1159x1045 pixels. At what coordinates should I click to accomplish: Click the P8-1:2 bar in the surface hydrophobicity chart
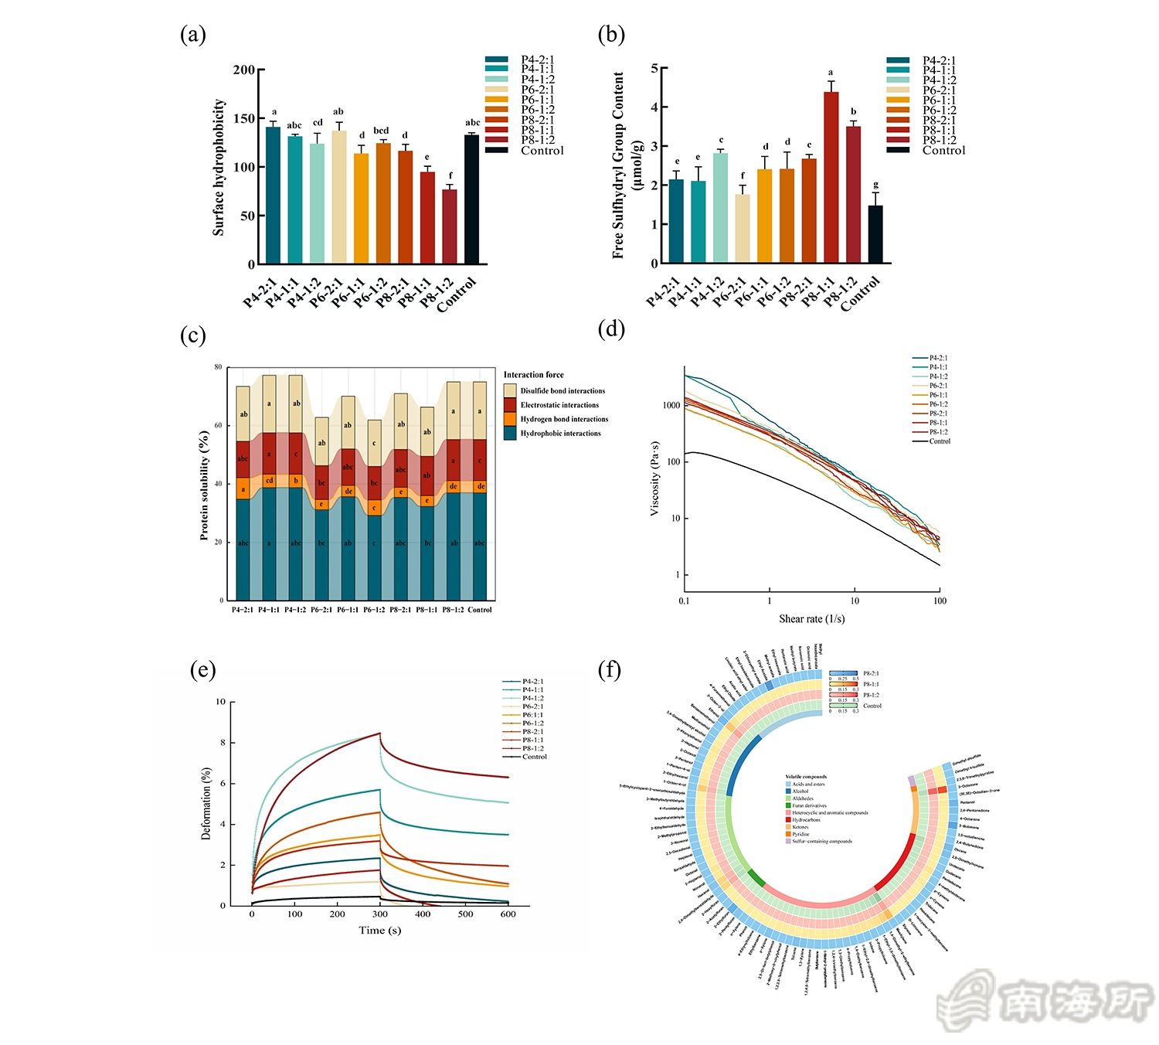(x=450, y=226)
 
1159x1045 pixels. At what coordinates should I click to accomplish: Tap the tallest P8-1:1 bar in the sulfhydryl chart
(x=831, y=178)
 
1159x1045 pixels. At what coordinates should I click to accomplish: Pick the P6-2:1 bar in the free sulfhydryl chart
(x=743, y=228)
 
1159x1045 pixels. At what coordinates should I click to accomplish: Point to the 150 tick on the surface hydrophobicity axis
(x=244, y=118)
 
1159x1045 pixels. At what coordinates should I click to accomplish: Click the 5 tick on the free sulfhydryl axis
(x=654, y=68)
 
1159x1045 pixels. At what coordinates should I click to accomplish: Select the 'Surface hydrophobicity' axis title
(x=219, y=167)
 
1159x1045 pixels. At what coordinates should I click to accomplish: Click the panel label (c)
(x=193, y=335)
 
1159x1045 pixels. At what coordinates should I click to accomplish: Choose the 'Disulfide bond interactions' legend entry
(x=562, y=391)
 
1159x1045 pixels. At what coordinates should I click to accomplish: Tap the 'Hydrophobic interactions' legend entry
(x=560, y=434)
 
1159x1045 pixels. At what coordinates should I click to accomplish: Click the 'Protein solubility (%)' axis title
(x=204, y=485)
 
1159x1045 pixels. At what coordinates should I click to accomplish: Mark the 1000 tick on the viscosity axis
(x=671, y=406)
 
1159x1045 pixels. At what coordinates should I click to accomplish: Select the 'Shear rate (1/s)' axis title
(x=811, y=619)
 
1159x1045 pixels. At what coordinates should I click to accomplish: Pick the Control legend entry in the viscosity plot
(x=940, y=441)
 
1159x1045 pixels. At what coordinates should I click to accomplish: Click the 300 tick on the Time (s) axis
(x=379, y=914)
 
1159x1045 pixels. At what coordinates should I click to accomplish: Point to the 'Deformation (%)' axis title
(x=206, y=804)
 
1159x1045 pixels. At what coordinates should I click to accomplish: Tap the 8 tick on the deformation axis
(x=223, y=743)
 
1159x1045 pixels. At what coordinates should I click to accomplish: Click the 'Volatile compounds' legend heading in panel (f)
(x=806, y=777)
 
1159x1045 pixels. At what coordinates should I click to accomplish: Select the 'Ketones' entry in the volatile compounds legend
(x=800, y=827)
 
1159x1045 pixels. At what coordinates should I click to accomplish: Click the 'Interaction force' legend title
(x=533, y=375)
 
